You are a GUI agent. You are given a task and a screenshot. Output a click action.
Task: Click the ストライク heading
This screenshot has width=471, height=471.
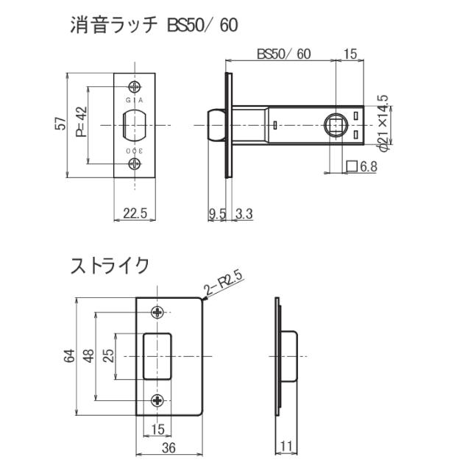(x=110, y=265)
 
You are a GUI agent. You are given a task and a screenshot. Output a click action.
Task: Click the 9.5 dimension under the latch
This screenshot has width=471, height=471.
(x=216, y=213)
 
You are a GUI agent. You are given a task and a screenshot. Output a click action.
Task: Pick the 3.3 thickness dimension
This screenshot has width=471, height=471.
(x=245, y=213)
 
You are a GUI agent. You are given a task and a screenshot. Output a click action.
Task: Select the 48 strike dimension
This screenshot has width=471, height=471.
(x=88, y=355)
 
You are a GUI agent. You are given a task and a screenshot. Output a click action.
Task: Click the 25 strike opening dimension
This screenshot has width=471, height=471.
(x=108, y=355)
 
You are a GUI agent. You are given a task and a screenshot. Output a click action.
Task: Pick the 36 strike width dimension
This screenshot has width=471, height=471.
(x=169, y=447)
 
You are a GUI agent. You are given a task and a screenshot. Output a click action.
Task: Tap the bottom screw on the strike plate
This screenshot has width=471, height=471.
(x=159, y=400)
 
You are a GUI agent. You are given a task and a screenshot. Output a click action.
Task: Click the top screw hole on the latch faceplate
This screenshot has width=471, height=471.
(x=134, y=85)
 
